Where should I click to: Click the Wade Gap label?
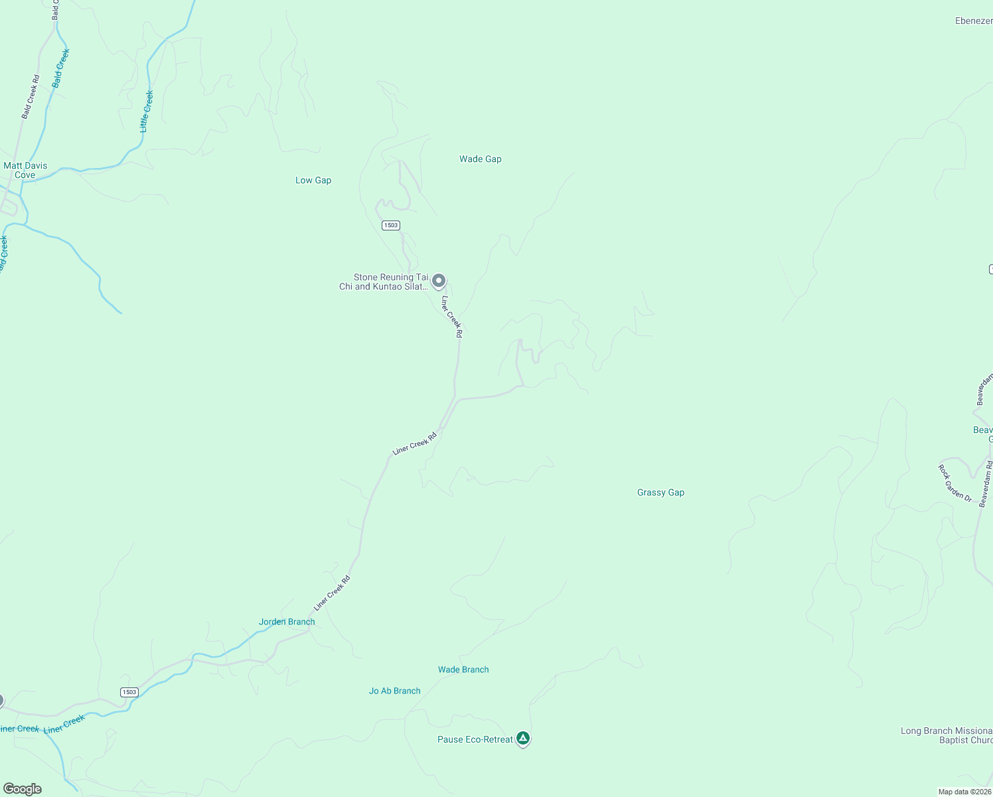(x=480, y=159)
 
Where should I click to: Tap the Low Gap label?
(x=313, y=181)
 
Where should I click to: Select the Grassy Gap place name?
(x=660, y=493)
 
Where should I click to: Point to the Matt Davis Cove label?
(x=25, y=171)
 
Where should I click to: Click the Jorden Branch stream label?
(x=287, y=622)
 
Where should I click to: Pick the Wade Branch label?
(x=463, y=670)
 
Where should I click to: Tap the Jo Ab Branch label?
(x=394, y=691)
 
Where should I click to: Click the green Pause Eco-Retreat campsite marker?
(x=523, y=739)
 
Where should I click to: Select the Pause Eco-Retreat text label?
(x=475, y=740)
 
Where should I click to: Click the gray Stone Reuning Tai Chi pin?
(x=438, y=281)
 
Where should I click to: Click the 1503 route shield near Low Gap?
(x=390, y=226)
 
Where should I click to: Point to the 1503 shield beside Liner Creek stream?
(x=129, y=693)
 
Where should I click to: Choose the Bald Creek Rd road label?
(x=31, y=97)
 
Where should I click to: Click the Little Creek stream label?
(x=147, y=112)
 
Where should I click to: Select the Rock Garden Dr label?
(x=955, y=483)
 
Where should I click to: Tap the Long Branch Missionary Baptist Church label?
(x=946, y=736)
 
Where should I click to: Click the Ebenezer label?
(x=973, y=21)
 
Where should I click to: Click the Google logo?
(x=23, y=789)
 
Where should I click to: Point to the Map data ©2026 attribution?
(x=964, y=792)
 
